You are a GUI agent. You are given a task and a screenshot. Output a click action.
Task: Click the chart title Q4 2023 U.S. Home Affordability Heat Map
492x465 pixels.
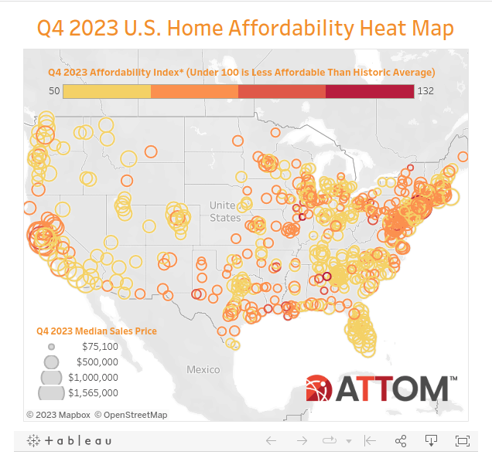coord(245,29)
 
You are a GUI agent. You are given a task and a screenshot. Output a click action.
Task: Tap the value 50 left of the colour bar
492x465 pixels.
coord(53,91)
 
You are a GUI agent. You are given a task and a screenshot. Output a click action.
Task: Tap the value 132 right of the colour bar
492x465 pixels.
coord(426,91)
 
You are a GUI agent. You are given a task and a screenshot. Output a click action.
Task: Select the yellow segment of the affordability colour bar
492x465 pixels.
coord(107,91)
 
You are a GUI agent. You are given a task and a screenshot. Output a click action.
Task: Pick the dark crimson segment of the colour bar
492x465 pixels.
coord(370,91)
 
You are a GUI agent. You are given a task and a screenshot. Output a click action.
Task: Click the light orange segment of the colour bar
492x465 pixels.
coord(194,91)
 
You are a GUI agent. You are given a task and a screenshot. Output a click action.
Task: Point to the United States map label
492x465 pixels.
coord(224,211)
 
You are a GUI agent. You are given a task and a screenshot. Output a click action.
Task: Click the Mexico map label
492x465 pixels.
coord(203,370)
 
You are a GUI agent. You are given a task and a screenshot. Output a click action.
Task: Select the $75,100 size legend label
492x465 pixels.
coord(100,347)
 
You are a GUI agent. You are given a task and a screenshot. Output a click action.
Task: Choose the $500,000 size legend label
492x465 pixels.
coord(97,361)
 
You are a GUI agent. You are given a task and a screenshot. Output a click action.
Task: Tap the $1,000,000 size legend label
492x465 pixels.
coord(93,378)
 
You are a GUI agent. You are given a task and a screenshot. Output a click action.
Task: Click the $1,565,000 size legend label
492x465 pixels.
coord(93,393)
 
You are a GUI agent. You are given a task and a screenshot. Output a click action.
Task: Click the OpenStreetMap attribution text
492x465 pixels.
coord(131,415)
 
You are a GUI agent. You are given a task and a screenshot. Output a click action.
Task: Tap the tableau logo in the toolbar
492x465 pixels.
coord(70,440)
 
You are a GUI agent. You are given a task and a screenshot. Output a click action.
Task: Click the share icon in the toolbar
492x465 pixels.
coord(401,440)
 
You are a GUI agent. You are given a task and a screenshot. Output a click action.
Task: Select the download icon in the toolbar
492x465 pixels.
coord(431,440)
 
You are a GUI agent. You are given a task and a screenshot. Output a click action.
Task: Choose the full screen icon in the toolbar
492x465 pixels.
coord(462,440)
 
